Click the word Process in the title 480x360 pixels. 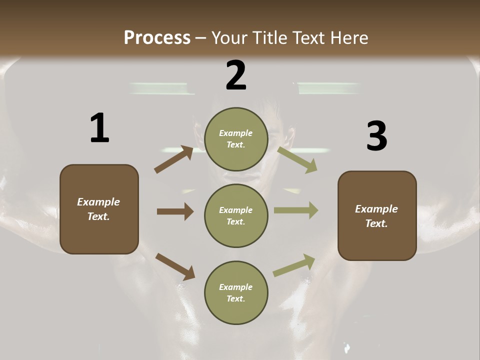[157, 37]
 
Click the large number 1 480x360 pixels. [99, 128]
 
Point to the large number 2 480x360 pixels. [236, 75]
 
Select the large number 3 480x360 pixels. [376, 136]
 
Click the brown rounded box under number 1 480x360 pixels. [99, 235]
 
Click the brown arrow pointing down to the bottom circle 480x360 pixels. [175, 266]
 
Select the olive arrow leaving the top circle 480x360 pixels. [297, 160]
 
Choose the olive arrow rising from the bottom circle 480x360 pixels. [294, 265]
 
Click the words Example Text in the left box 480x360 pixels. [98, 209]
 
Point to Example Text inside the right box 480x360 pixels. [376, 216]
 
